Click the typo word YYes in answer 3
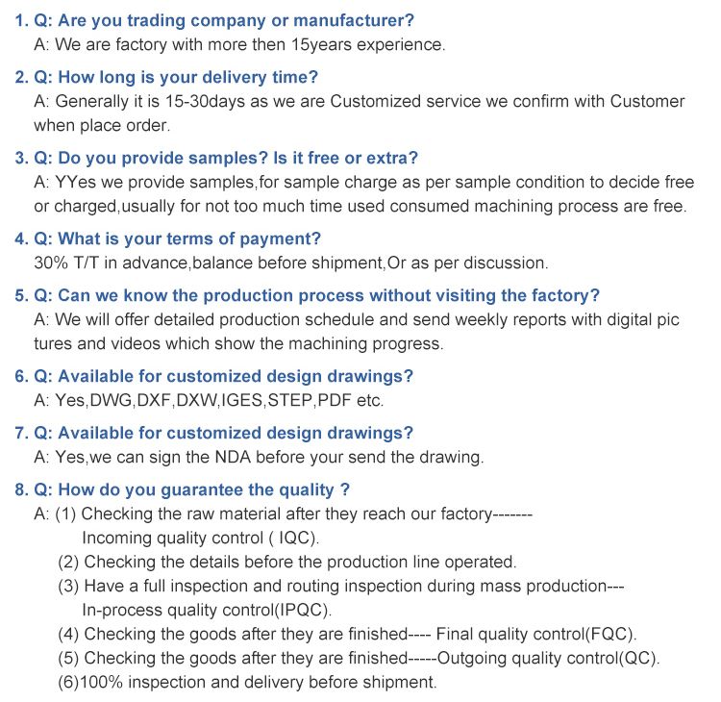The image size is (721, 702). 77,182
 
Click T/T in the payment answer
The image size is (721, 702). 88,263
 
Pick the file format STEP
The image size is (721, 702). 290,400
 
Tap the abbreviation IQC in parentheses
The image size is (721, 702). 291,538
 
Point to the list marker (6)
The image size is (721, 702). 68,683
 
